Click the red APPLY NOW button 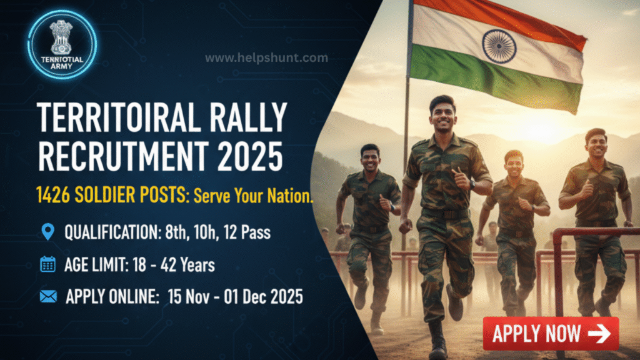tap(551, 334)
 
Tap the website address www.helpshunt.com tap(266, 58)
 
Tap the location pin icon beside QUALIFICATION tap(48, 232)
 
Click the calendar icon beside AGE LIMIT tap(48, 264)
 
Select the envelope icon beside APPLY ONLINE tap(48, 297)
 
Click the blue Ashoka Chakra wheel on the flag tap(499, 46)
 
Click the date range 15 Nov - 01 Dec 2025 tap(236, 297)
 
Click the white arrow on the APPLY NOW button tap(599, 334)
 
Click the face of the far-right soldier tap(596, 146)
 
